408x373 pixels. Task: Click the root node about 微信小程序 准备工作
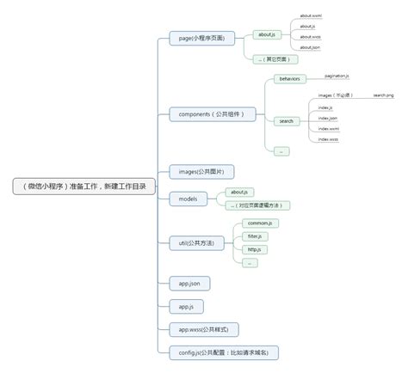[84, 186]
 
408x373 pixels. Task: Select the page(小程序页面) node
[202, 40]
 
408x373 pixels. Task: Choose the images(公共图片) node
[199, 170]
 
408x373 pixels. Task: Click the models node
[188, 199]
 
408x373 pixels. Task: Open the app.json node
[189, 283]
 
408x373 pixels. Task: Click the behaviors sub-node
[287, 78]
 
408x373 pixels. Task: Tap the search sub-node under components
[286, 121]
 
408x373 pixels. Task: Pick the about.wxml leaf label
[311, 15]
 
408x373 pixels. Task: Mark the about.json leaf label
[310, 48]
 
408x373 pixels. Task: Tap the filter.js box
[256, 235]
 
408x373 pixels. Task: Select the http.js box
[254, 249]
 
